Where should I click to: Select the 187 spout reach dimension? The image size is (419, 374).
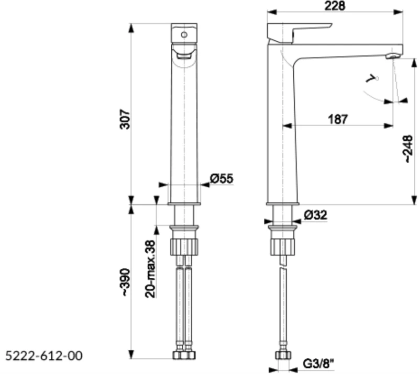(338, 119)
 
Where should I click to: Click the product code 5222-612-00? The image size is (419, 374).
(44, 356)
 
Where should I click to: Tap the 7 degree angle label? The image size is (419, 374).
(372, 79)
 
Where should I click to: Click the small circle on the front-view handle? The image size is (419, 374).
(184, 35)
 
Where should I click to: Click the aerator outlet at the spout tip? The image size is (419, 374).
(391, 56)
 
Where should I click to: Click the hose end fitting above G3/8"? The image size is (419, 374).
(283, 354)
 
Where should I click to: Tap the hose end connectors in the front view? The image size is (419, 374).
(184, 354)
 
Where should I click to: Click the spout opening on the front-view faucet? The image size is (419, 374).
(184, 54)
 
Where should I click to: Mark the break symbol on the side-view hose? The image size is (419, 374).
(283, 264)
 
